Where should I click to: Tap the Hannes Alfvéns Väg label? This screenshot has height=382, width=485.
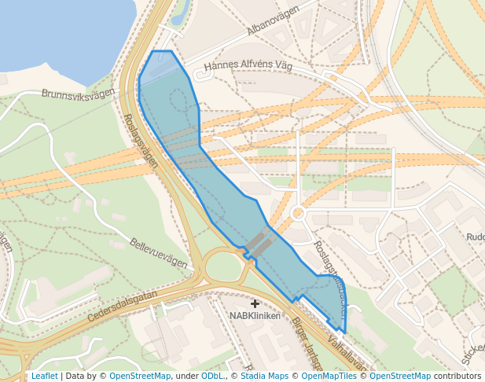point(248,67)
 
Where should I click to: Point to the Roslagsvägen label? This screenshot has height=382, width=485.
point(141,141)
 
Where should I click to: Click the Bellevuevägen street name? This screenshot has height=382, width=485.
point(160,254)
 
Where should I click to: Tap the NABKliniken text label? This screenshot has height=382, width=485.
point(255,316)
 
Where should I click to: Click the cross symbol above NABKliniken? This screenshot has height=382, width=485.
point(255,303)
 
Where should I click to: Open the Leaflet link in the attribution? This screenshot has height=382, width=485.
point(44,376)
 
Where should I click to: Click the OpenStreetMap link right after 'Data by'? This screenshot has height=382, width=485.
point(139,376)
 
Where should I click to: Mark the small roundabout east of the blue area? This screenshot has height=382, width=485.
point(298,213)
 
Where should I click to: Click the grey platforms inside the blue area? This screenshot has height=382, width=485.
point(259,245)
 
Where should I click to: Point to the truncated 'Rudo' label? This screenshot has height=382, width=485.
point(475,237)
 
